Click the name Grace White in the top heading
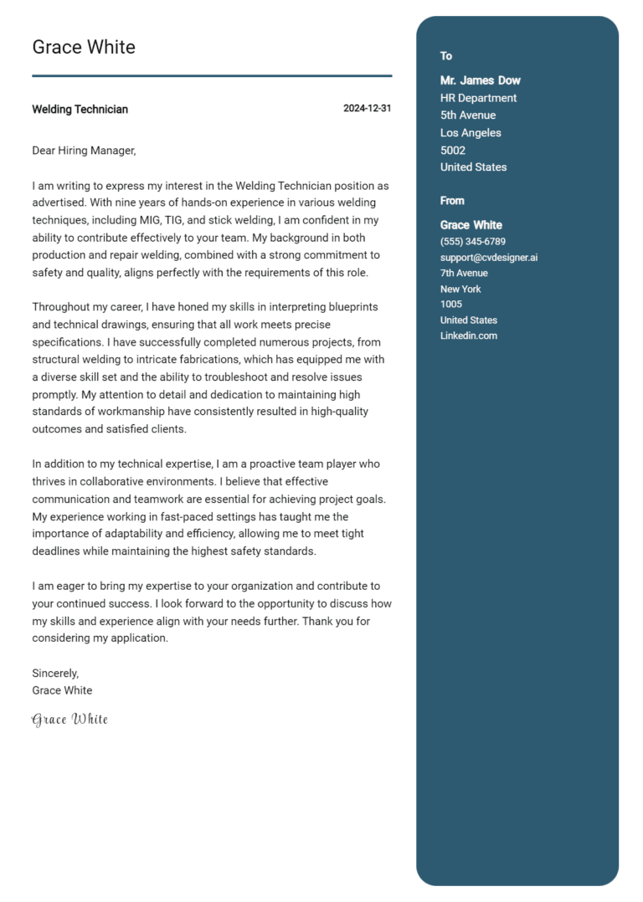coord(84,48)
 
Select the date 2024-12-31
coord(367,109)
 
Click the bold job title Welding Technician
coord(80,110)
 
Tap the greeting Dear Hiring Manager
coord(84,151)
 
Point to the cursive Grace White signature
coord(70,720)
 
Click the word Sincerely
coord(55,673)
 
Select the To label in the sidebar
coord(446,56)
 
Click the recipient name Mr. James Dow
coord(481,80)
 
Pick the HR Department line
coord(479,98)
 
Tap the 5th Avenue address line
coord(468,115)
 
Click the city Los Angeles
coord(471,133)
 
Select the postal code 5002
coord(453,151)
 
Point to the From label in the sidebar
coord(452,201)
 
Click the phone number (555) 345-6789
coord(473,242)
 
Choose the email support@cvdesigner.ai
coord(489,258)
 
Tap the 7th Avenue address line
coord(464,273)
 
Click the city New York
coord(460,289)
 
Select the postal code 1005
coord(450,305)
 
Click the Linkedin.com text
coord(469,336)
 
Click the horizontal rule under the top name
coord(212,76)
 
